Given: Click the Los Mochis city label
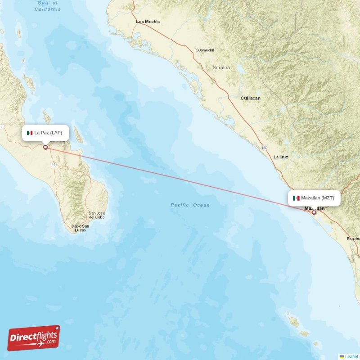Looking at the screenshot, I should (x=148, y=22).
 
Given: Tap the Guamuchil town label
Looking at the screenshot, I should (x=205, y=50).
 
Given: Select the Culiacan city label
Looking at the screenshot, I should (x=251, y=98).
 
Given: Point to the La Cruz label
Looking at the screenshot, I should (x=281, y=157).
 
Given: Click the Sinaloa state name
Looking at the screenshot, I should (x=221, y=67).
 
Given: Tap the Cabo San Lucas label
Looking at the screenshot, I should (x=80, y=228).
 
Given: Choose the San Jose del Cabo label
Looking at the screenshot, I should (x=97, y=215).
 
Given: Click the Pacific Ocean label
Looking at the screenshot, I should (x=190, y=205).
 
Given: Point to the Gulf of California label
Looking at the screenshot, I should (x=47, y=6).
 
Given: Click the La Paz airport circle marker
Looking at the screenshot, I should (x=45, y=147).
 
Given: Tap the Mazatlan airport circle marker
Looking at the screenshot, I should (x=314, y=212).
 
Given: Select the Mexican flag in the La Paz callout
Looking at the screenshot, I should (x=30, y=133).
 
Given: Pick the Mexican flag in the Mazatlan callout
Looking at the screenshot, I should (x=296, y=198).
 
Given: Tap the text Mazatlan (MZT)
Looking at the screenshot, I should (x=318, y=198).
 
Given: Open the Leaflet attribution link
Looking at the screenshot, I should (x=351, y=356).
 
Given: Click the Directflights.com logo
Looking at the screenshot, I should (x=34, y=338).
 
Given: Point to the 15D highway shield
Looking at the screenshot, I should (x=265, y=147).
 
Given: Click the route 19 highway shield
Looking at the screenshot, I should (x=54, y=165).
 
